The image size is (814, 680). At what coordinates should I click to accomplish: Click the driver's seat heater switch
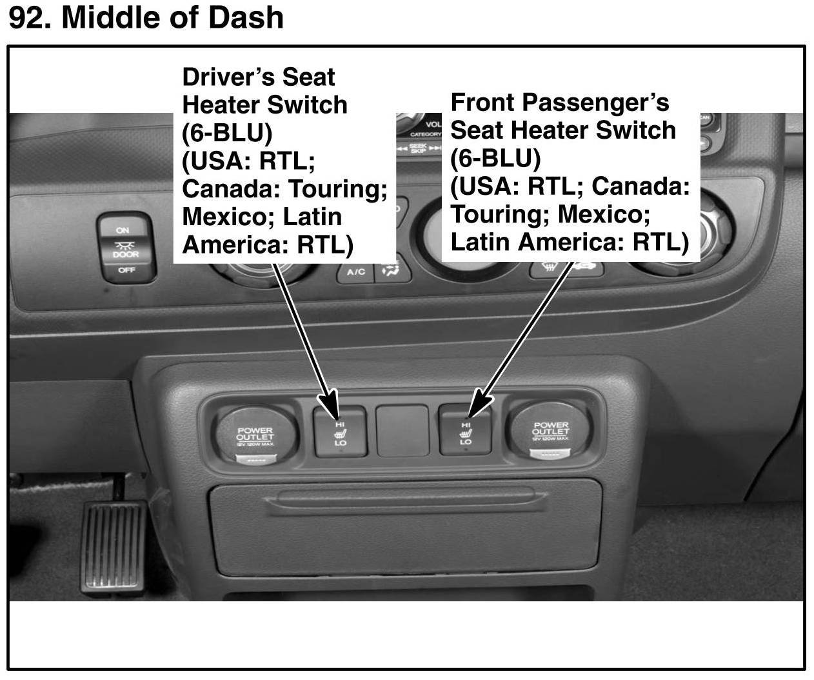[x=340, y=432]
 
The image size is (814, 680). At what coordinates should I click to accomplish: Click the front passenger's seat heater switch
[x=465, y=430]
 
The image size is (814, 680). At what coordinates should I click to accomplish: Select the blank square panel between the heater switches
[x=402, y=430]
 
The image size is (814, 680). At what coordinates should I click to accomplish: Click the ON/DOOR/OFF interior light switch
[x=126, y=248]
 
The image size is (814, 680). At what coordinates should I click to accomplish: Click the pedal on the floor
[x=114, y=547]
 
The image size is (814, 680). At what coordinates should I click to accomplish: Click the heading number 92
[x=30, y=17]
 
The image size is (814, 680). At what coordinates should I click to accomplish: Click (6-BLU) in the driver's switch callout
[x=227, y=133]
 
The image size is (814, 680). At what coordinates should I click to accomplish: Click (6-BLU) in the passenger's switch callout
[x=495, y=158]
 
